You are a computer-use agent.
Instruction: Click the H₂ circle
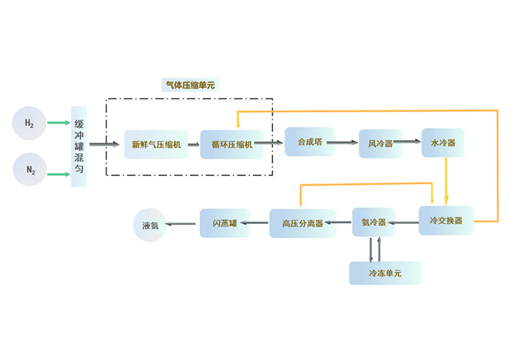pyautogui.click(x=30, y=123)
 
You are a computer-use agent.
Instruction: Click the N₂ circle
pyautogui.click(x=30, y=171)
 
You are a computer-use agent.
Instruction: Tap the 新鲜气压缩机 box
pyautogui.click(x=156, y=144)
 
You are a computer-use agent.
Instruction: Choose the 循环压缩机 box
pyautogui.click(x=232, y=144)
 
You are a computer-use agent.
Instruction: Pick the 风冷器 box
pyautogui.click(x=380, y=143)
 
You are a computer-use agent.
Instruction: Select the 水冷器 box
pyautogui.click(x=443, y=143)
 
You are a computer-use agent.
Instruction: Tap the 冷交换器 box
pyautogui.click(x=446, y=220)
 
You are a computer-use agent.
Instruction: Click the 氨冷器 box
pyautogui.click(x=374, y=222)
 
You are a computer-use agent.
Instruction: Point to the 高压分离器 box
pyautogui.click(x=302, y=223)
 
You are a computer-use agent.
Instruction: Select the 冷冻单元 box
pyautogui.click(x=385, y=273)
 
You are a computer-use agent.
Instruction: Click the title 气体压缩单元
pyautogui.click(x=190, y=85)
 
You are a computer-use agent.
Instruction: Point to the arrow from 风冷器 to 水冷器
pyautogui.click(x=411, y=143)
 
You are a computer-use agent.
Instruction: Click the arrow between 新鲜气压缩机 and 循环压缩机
pyautogui.click(x=194, y=144)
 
